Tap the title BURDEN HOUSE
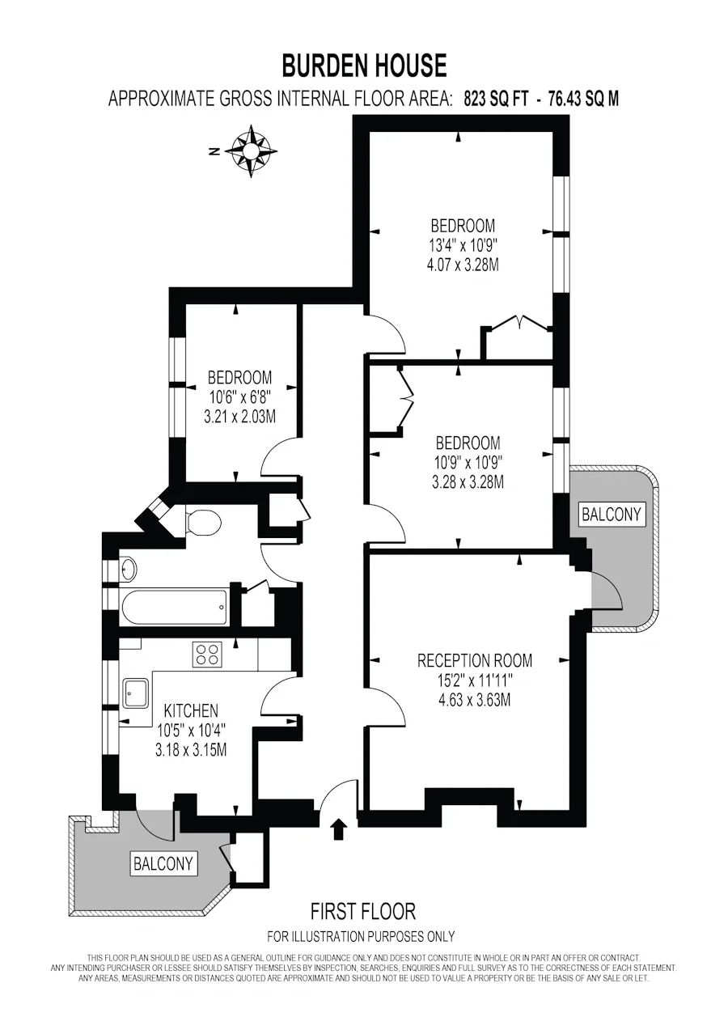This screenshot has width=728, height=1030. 364,65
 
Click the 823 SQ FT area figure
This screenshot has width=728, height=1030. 497,99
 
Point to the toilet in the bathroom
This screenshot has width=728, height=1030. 204,523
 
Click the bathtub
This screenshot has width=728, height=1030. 174,606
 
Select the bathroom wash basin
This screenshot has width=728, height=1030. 129,570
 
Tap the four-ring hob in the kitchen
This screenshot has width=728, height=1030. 207,654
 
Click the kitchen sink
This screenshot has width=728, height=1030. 136,694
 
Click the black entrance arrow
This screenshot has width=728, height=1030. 338,829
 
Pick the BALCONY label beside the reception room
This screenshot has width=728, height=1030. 612,514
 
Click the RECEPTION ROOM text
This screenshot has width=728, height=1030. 474,661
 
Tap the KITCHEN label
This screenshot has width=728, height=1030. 191,711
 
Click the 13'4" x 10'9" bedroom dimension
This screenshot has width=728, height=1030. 463,245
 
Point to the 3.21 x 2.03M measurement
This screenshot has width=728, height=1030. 239,417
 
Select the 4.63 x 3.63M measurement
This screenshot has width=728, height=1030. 474,701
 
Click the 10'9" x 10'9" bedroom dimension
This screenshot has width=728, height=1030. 468,463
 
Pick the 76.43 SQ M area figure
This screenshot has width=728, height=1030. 584,99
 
